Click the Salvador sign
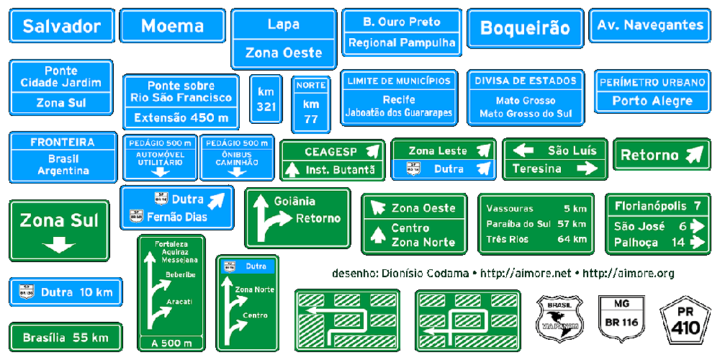pyautogui.click(x=62, y=27)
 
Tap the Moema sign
pyautogui.click(x=173, y=27)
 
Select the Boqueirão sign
pyautogui.click(x=524, y=28)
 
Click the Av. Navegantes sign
pyautogui.click(x=650, y=25)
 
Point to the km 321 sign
pyautogui.click(x=266, y=99)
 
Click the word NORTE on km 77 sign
pyautogui.click(x=311, y=85)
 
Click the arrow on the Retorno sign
pyautogui.click(x=694, y=154)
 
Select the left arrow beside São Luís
pyautogui.click(x=523, y=150)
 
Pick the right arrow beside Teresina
pyautogui.click(x=588, y=168)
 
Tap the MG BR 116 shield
pyautogui.click(x=621, y=315)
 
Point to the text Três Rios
pyautogui.click(x=507, y=239)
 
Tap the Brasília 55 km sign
pyautogui.click(x=65, y=337)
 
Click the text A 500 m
pyautogui.click(x=171, y=343)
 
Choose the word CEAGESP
pyautogui.click(x=330, y=152)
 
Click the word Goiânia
pyautogui.click(x=294, y=201)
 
